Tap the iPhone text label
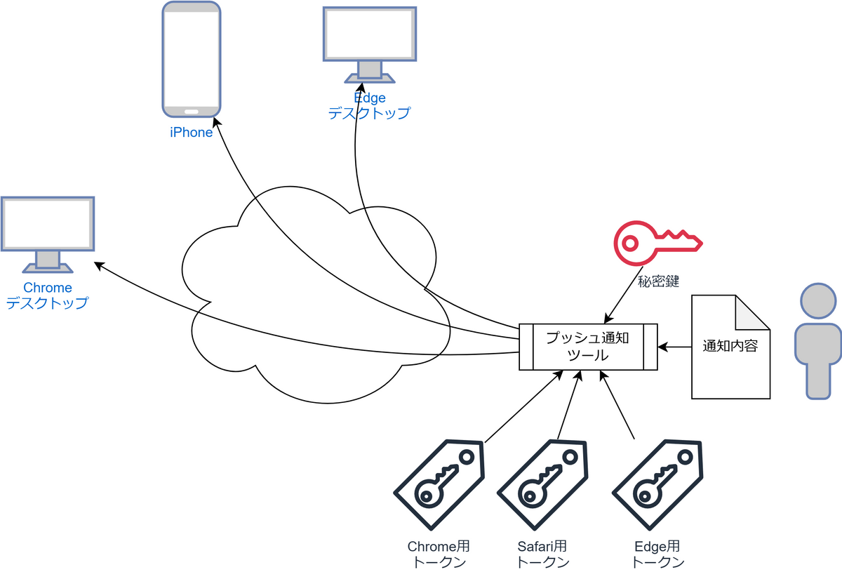tap(192, 133)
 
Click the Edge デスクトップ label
tap(369, 106)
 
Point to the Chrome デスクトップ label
tap(48, 295)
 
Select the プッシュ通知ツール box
tap(588, 347)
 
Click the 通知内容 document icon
tap(730, 347)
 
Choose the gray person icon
tap(817, 341)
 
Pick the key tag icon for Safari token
tap(542, 485)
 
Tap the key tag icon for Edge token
tap(657, 485)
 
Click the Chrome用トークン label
tap(439, 554)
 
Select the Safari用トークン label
tap(542, 554)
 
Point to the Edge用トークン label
tap(657, 554)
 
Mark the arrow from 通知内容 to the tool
tap(674, 347)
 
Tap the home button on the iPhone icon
tap(192, 111)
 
